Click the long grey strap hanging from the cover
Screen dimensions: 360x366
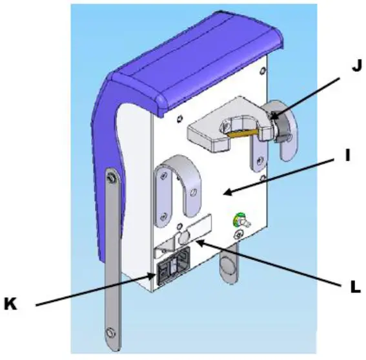click(111, 259)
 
